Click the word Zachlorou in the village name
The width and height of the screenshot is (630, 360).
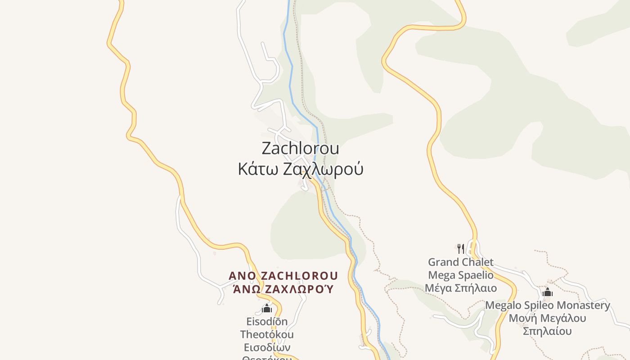pyautogui.click(x=300, y=148)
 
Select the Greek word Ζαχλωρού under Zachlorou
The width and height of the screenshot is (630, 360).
pyautogui.click(x=323, y=169)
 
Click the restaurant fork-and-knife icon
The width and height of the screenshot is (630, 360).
pyautogui.click(x=460, y=249)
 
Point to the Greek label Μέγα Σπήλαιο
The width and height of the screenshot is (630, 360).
pyautogui.click(x=461, y=288)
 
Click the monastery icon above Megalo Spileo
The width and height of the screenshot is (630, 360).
pyautogui.click(x=547, y=292)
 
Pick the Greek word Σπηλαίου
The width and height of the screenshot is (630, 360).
pyautogui.click(x=547, y=332)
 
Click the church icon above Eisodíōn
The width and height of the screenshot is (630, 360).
pyautogui.click(x=267, y=308)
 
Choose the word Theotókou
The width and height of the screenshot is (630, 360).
pyautogui.click(x=267, y=334)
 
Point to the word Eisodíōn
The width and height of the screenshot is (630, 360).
pyautogui.click(x=267, y=322)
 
